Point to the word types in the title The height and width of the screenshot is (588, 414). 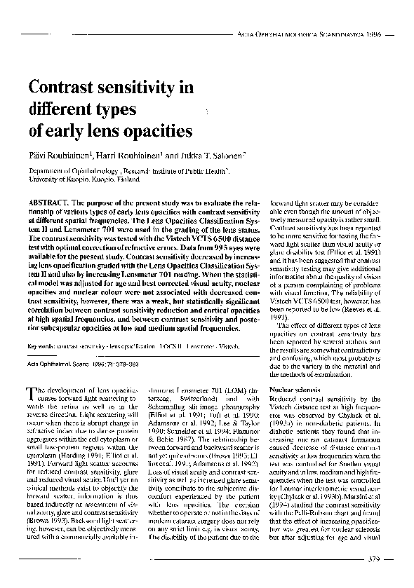click(119, 110)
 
